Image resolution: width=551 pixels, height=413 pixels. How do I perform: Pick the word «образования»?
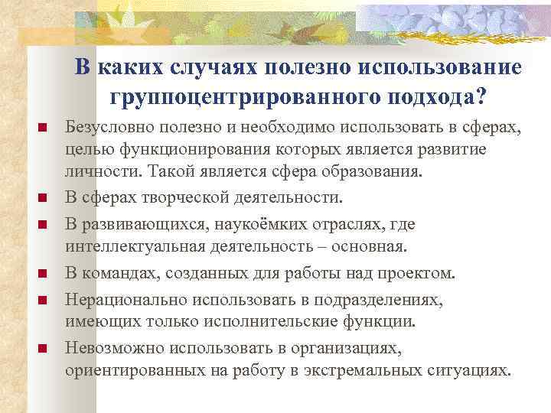click(x=377, y=171)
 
